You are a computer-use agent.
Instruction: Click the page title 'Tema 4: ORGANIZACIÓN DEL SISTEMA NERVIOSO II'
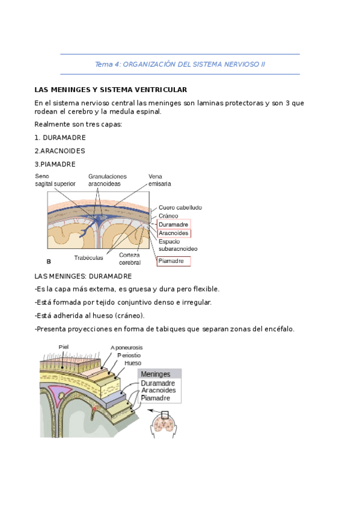point(180,64)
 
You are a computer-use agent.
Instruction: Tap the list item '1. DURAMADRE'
point(60,137)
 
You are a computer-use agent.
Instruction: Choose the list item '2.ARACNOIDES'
point(59,150)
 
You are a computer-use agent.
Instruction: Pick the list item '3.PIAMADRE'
point(55,164)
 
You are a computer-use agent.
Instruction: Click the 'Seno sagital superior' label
point(55,180)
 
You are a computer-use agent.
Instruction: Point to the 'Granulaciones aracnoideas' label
point(112,180)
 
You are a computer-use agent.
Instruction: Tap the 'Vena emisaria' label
point(159,180)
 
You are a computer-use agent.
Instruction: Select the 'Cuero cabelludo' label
point(180,207)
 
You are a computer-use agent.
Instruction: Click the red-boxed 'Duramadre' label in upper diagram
point(174,224)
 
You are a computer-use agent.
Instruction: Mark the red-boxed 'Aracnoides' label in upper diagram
point(174,233)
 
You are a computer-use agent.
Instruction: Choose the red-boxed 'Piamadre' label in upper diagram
point(174,261)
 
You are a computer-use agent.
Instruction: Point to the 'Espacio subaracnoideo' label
point(178,245)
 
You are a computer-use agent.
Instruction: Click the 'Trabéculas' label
point(88,257)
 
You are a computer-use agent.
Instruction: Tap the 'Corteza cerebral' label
point(129,259)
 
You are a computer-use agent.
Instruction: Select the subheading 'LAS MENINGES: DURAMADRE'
point(83,276)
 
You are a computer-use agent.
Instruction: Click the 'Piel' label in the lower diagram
point(64,346)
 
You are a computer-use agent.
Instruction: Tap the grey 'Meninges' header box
point(158,373)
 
